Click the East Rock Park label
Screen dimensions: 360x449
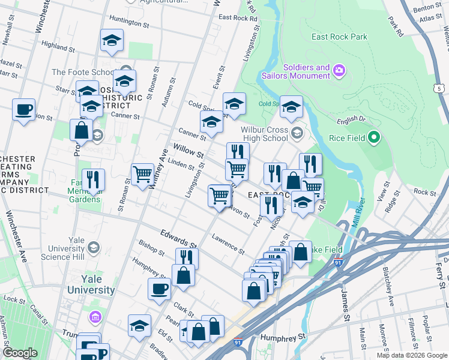point(339,37)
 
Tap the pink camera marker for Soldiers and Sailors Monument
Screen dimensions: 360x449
point(339,71)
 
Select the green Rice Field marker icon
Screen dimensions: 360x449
point(375,138)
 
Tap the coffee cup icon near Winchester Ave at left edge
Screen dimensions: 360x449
point(23,110)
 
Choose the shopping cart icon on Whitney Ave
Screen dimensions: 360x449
point(142,175)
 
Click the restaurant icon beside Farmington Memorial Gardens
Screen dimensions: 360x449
point(93,179)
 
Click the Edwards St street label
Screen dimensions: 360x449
point(178,238)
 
